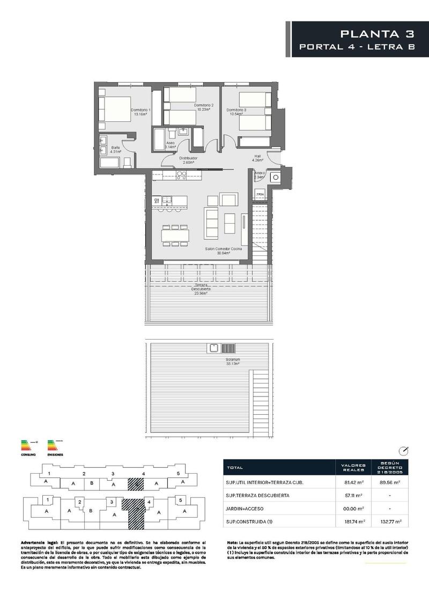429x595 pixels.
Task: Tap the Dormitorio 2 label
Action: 204,107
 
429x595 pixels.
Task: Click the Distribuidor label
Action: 188,160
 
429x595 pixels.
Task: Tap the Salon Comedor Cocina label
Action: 224,251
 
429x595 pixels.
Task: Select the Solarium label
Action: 232,361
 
